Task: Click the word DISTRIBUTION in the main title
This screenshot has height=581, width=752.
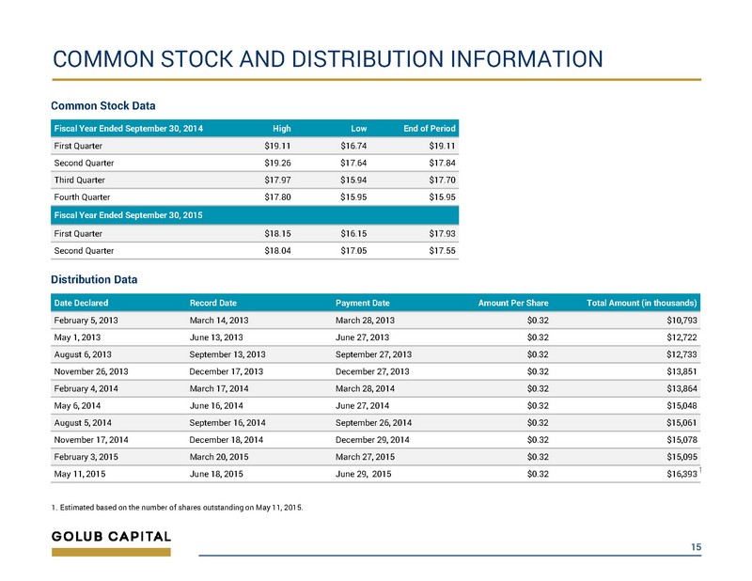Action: point(367,59)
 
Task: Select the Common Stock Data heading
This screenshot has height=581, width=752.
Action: point(103,105)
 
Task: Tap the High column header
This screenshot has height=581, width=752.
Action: point(281,129)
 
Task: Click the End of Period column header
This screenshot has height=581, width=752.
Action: point(430,129)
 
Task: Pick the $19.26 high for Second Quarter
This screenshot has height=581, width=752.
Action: point(277,164)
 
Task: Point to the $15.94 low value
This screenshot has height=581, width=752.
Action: point(353,180)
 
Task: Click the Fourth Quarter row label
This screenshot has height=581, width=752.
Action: point(82,197)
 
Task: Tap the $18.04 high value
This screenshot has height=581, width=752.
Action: point(277,251)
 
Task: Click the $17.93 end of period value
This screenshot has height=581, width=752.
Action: point(442,234)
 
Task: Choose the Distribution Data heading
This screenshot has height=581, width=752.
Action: point(94,280)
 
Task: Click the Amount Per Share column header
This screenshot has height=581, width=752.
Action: point(513,304)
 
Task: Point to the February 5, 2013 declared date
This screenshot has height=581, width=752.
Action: point(86,321)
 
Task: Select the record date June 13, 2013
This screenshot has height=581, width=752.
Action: point(216,338)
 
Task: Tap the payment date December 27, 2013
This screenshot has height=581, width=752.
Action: point(372,371)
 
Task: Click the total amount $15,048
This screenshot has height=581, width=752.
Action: point(681,406)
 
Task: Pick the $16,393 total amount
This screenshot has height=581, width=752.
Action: point(681,474)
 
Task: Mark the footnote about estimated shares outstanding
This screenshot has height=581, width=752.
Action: point(177,508)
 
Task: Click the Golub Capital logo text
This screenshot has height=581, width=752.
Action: point(111,537)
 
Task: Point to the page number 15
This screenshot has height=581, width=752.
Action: point(696,547)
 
